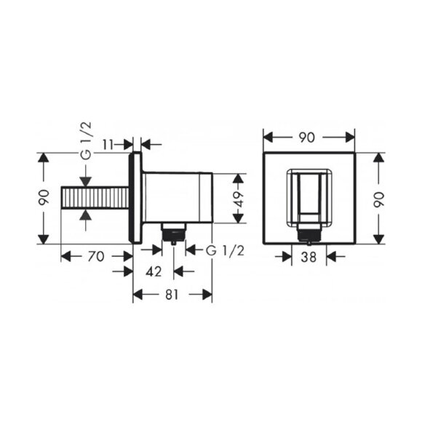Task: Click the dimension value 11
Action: (x=107, y=144)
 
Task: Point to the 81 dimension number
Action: (x=172, y=295)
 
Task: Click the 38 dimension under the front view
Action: (x=308, y=255)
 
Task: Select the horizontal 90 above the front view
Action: (x=308, y=137)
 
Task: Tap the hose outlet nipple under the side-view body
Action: (x=173, y=233)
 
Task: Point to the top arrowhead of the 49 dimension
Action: (x=237, y=177)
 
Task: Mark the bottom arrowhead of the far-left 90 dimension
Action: (x=44, y=240)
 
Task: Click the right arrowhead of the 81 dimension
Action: (x=208, y=295)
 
